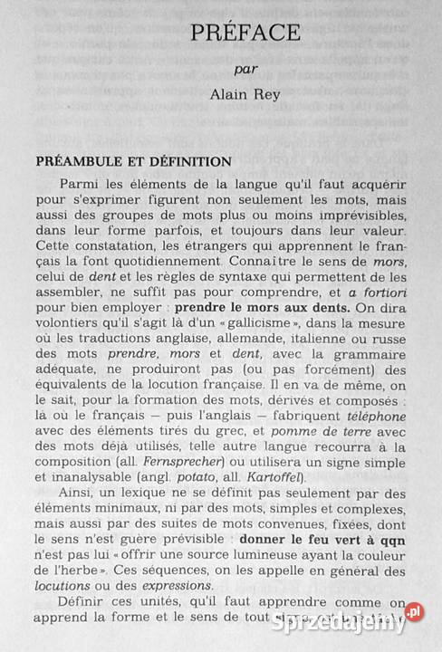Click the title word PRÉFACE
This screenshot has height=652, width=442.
(245, 33)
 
